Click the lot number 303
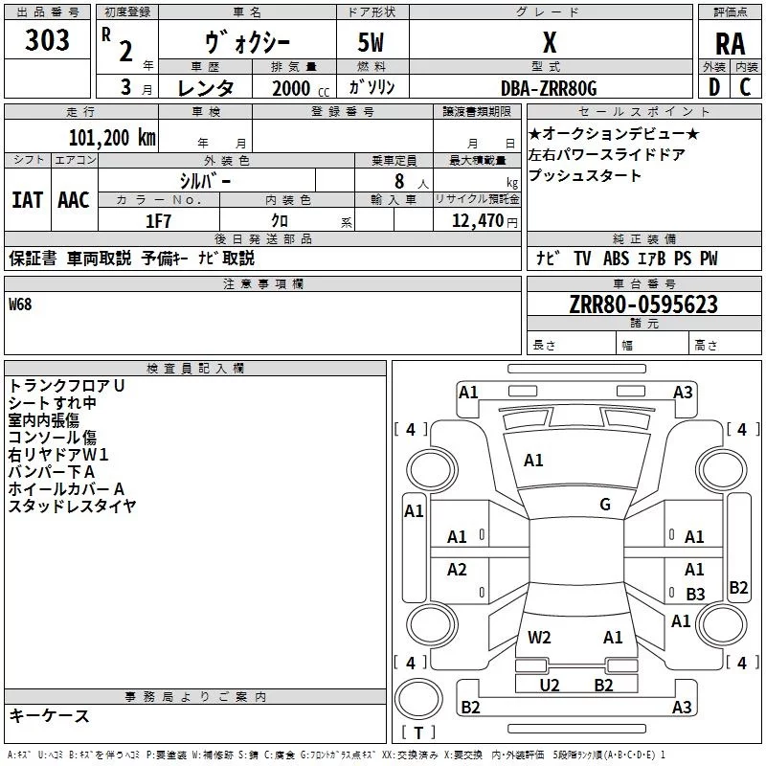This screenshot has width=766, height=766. point(48,41)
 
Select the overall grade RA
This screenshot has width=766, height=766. point(730,44)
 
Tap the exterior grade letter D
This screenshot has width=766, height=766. point(713,87)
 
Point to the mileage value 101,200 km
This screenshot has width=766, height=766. point(111,137)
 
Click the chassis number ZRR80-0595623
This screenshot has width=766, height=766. point(642,304)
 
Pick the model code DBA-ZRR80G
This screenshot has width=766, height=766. point(549,88)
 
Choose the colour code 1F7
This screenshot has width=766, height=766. point(158,221)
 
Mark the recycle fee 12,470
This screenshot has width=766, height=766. point(478,221)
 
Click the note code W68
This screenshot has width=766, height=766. point(21,305)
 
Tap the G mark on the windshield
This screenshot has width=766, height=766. point(605,505)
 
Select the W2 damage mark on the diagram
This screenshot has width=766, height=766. point(539,637)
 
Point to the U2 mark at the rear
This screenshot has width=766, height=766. point(550,685)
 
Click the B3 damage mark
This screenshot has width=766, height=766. point(695,595)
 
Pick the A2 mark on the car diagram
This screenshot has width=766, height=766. point(457,570)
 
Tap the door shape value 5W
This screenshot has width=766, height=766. point(372,43)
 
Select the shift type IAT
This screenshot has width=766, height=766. point(27,199)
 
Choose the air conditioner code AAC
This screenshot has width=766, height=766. point(74,199)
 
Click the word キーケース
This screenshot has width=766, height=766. point(50,715)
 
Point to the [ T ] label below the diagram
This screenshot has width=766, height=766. point(418,733)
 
